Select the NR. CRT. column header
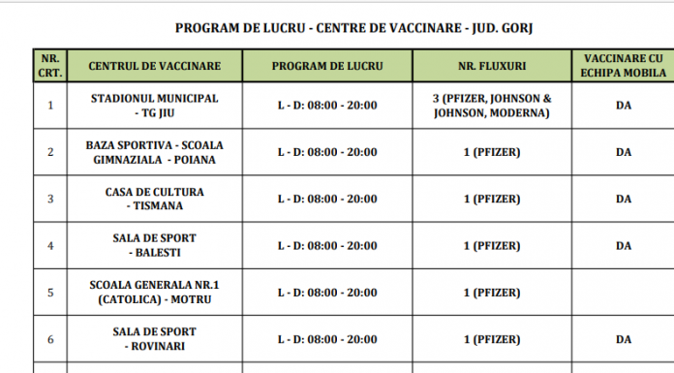coord(50,65)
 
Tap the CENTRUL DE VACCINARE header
coord(154,66)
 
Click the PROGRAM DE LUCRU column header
coord(326,66)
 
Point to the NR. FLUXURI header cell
coord(491,66)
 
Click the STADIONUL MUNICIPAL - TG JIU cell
coord(154,106)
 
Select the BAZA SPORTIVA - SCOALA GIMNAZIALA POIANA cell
coord(154,152)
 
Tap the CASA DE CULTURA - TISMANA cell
coord(154,199)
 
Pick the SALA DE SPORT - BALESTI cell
coord(154,245)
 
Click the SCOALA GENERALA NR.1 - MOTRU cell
coord(154,293)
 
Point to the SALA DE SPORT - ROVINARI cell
coord(154,339)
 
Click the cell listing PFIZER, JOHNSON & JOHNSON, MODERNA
coord(491,106)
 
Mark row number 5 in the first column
coord(50,293)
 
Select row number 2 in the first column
coord(50,152)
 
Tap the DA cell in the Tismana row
coord(623,199)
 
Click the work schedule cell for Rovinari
coord(326,339)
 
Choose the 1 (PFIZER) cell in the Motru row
coord(491,293)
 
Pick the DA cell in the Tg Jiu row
coord(623,106)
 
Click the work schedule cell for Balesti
coord(326,245)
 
